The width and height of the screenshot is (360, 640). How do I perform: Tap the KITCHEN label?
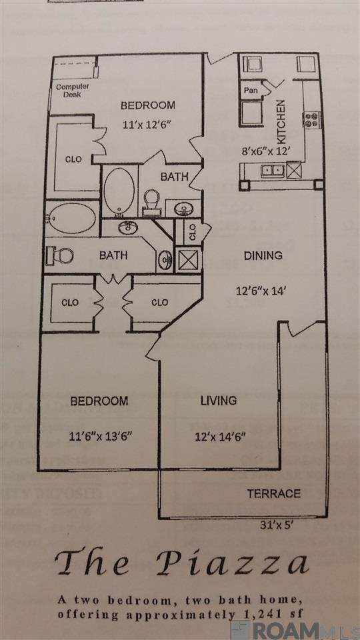coord(281,122)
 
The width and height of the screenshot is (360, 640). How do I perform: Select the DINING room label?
coord(263,256)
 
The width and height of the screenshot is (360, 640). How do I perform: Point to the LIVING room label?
coord(219,401)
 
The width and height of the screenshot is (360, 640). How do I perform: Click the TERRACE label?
coord(274,493)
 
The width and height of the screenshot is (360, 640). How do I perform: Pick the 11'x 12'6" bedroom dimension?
coord(146,124)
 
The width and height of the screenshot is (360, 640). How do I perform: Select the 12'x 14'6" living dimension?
coord(219,437)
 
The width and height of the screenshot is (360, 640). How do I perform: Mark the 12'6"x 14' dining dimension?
coord(263,291)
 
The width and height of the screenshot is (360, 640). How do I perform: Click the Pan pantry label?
coord(251,90)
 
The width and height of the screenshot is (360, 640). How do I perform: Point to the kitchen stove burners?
coord(312,119)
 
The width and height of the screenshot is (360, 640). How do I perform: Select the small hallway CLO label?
coord(193,232)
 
